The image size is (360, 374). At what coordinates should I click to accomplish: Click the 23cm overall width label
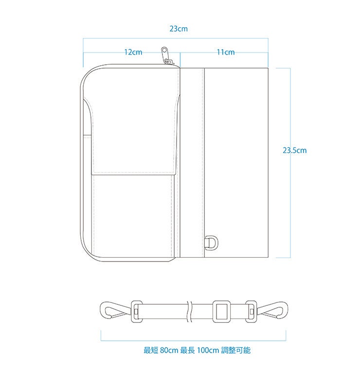pyautogui.click(x=179, y=29)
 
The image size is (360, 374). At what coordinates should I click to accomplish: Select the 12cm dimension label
pyautogui.click(x=133, y=52)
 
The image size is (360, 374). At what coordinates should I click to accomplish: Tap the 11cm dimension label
pyautogui.click(x=226, y=52)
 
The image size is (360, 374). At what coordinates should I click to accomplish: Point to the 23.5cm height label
pyautogui.click(x=295, y=150)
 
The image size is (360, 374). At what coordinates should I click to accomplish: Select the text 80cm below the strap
pyautogui.click(x=168, y=350)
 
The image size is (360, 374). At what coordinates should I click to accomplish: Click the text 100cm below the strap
pyautogui.click(x=208, y=350)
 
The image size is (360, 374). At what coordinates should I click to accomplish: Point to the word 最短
pyautogui.click(x=150, y=350)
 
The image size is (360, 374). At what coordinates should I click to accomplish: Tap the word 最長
pyautogui.click(x=187, y=350)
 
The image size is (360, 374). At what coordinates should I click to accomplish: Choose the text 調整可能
pyautogui.click(x=236, y=350)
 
